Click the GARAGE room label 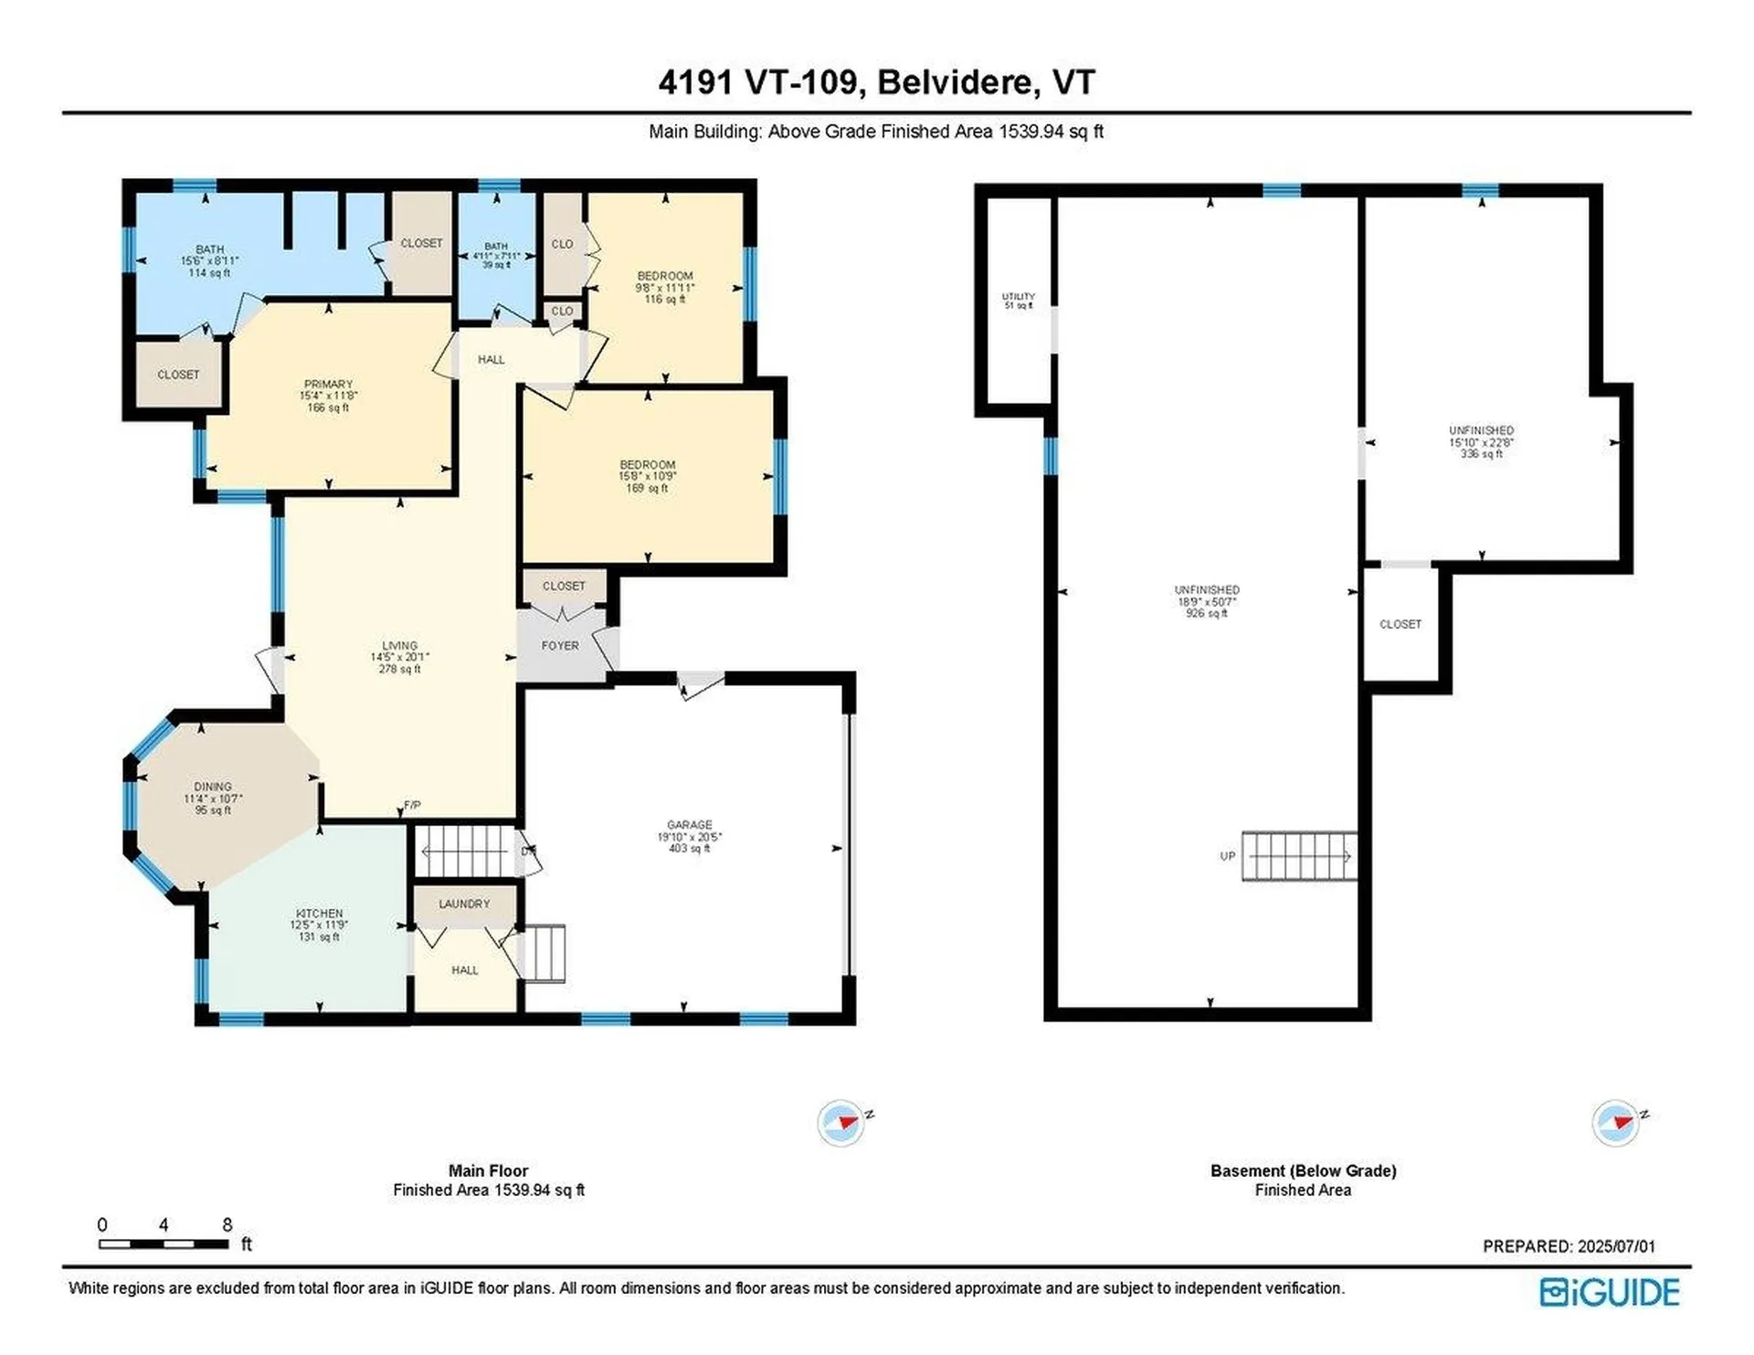pyautogui.click(x=689, y=825)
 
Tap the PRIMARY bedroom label pyautogui.click(x=328, y=385)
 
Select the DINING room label pyautogui.click(x=213, y=787)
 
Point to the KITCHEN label pyautogui.click(x=319, y=914)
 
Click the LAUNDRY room pyautogui.click(x=464, y=904)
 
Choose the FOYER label pyautogui.click(x=560, y=646)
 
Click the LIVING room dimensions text pyautogui.click(x=399, y=657)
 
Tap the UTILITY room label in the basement pyautogui.click(x=1018, y=297)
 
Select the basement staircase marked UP pyautogui.click(x=1298, y=856)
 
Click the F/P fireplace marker pyautogui.click(x=412, y=806)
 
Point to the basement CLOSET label pyautogui.click(x=1400, y=624)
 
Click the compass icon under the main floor pyautogui.click(x=840, y=1122)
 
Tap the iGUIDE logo pyautogui.click(x=1609, y=1292)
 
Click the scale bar pyautogui.click(x=164, y=1244)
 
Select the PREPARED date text pyautogui.click(x=1568, y=1246)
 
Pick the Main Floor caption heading pyautogui.click(x=488, y=1170)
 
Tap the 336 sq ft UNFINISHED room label pyautogui.click(x=1481, y=442)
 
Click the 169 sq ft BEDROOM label pyautogui.click(x=647, y=476)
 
